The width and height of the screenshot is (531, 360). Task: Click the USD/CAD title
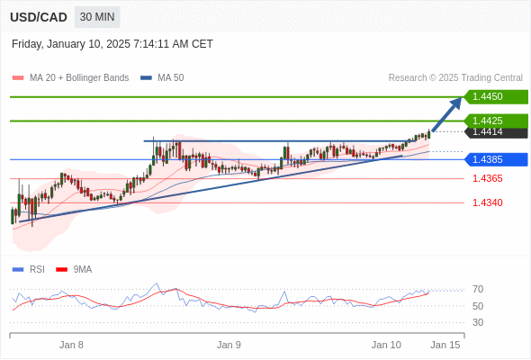coord(39,17)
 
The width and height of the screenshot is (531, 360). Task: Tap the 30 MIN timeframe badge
coord(97,17)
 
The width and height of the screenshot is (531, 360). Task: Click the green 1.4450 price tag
coord(496,96)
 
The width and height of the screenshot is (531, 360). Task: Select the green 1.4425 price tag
coord(496,121)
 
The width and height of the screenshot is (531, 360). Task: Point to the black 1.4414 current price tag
coord(496,133)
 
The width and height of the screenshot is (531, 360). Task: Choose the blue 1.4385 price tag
coord(496,159)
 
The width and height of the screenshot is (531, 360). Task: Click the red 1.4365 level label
coord(487,178)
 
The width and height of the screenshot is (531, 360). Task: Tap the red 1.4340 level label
coord(487,202)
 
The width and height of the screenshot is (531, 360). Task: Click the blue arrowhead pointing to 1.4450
coord(455,103)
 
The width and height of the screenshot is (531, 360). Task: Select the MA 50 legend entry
coord(162,78)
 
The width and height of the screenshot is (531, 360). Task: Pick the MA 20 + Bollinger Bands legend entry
coord(70,78)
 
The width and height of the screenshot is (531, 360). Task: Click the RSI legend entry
coord(29,270)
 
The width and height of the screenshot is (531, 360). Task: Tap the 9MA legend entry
coord(74,270)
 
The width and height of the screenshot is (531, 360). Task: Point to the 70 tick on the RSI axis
coord(478,289)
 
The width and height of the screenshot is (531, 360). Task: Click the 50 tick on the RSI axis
coord(478,306)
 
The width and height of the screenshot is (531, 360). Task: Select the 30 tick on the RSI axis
coord(478,322)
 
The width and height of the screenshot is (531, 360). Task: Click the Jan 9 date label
coord(229,345)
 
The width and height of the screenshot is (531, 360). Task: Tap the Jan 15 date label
coord(445,345)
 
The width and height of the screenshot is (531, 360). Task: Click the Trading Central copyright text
coord(455,78)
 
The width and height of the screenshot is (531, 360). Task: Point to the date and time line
coord(112,44)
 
